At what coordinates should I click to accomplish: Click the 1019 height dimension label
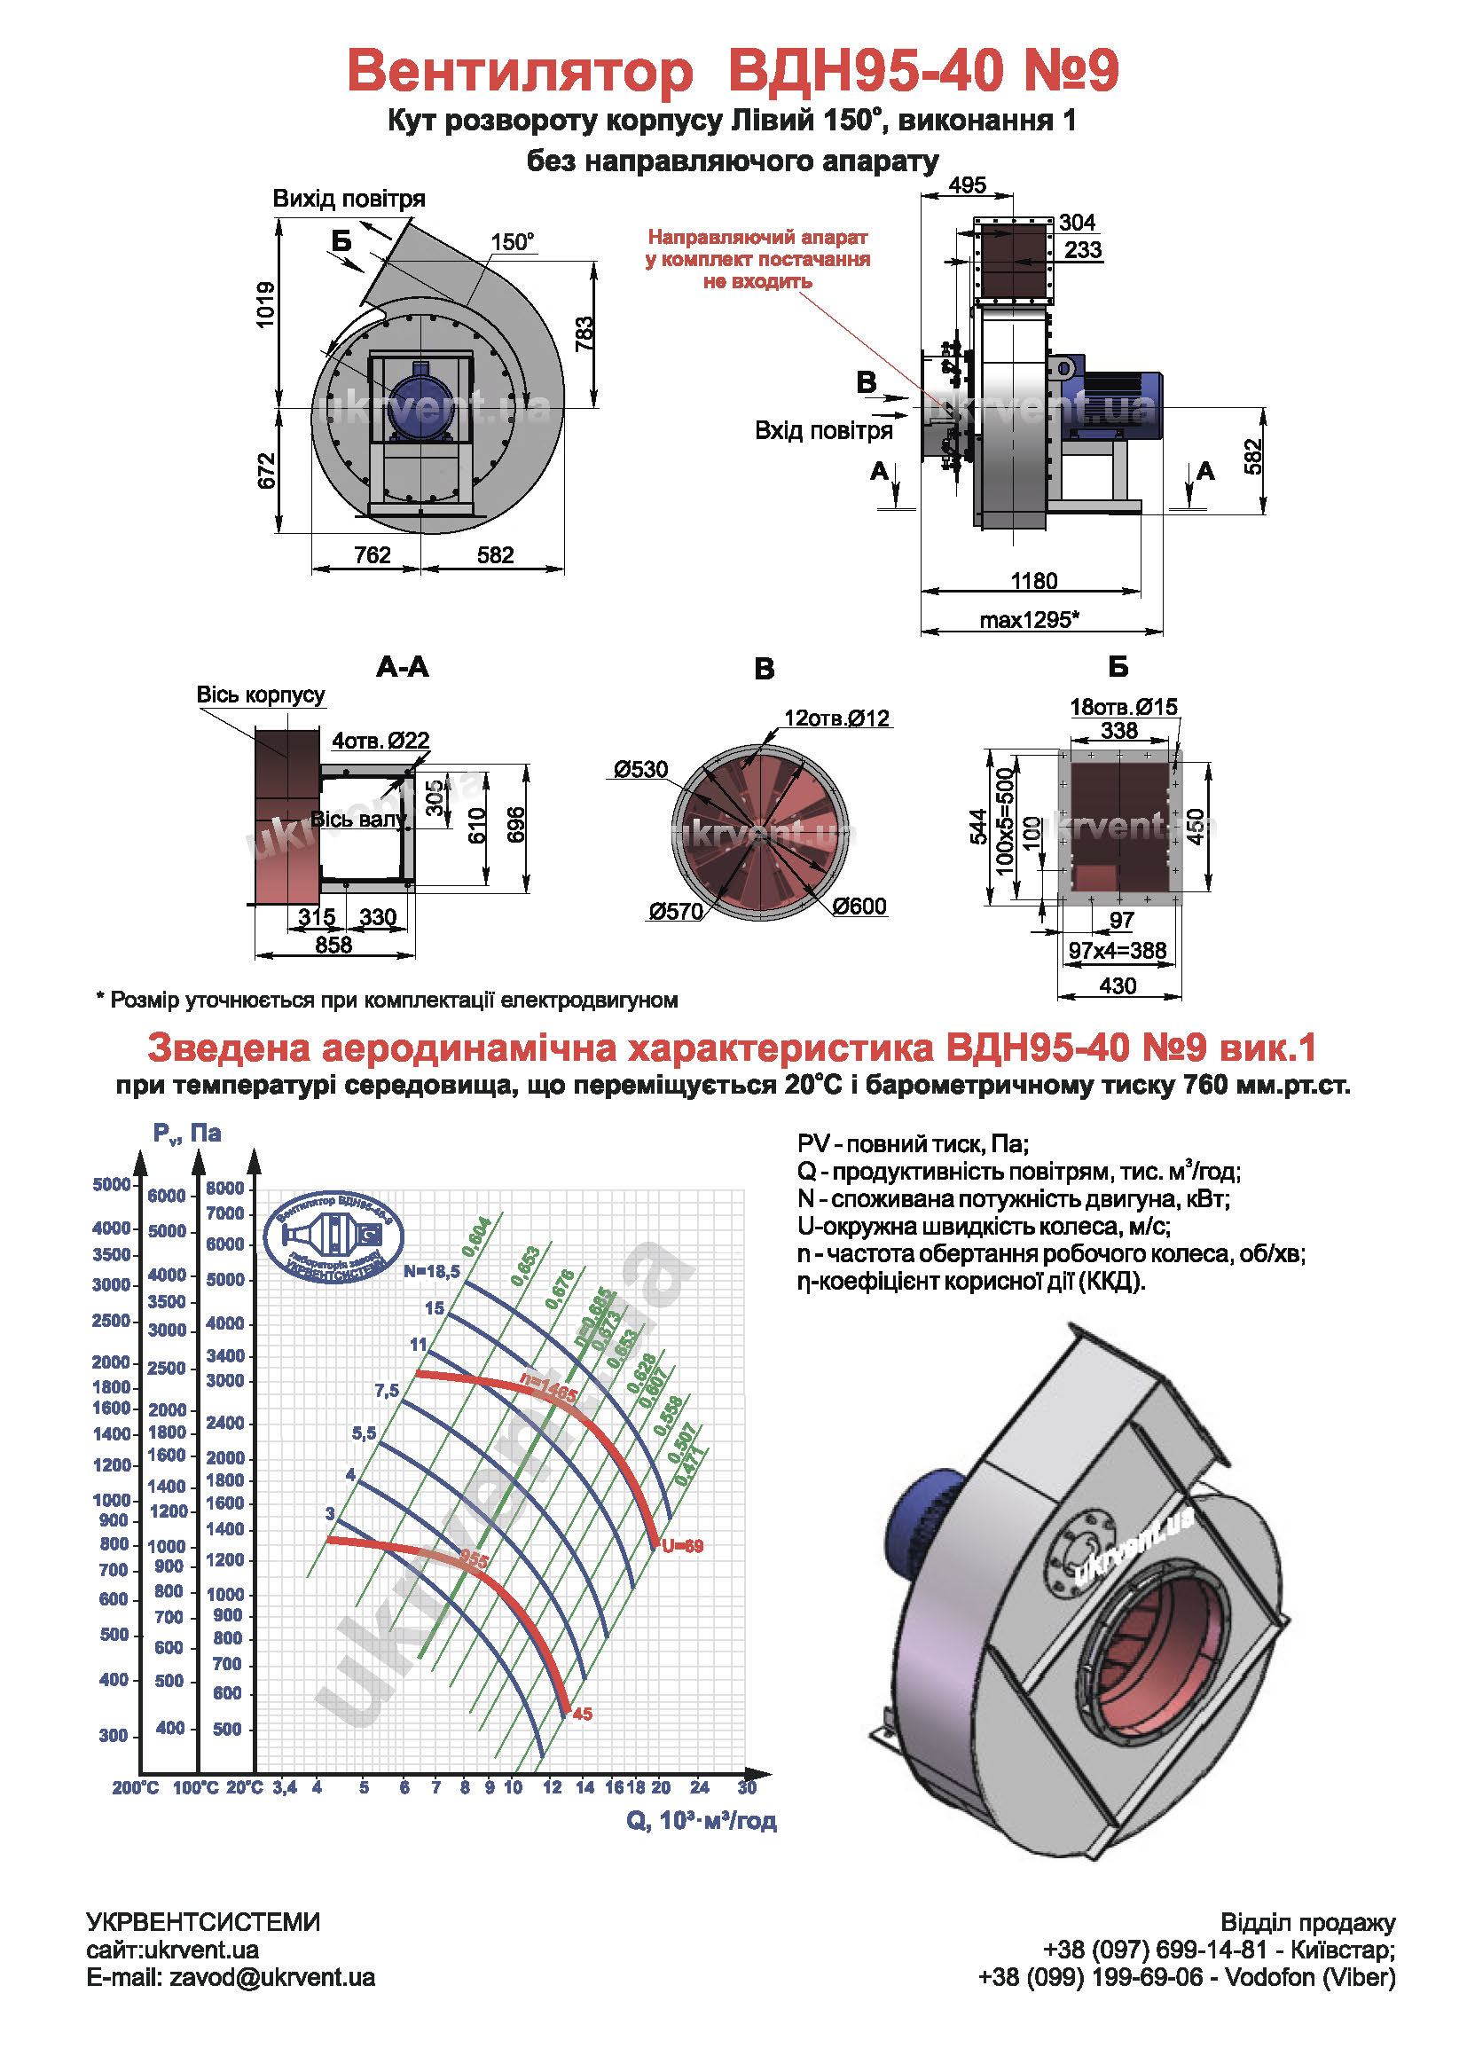click(x=265, y=304)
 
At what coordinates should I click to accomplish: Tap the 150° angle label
click(x=512, y=242)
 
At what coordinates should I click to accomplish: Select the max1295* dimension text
click(x=1030, y=620)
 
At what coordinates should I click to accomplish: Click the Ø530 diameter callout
click(x=640, y=770)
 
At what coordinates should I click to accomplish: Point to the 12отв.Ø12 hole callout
click(x=836, y=718)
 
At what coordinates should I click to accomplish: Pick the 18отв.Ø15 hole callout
click(x=1124, y=707)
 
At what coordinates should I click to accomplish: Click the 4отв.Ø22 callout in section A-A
click(x=380, y=741)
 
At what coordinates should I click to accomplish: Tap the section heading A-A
click(x=403, y=668)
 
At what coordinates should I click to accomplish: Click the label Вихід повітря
click(x=349, y=199)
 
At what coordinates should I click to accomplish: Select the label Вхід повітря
click(x=824, y=431)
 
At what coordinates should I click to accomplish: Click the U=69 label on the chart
click(x=682, y=1546)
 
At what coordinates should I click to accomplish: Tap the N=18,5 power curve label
click(x=432, y=1271)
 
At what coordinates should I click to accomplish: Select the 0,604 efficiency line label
click(x=476, y=1236)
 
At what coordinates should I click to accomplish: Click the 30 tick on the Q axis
click(x=746, y=1787)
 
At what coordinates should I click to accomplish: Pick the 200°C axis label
click(x=136, y=1787)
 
